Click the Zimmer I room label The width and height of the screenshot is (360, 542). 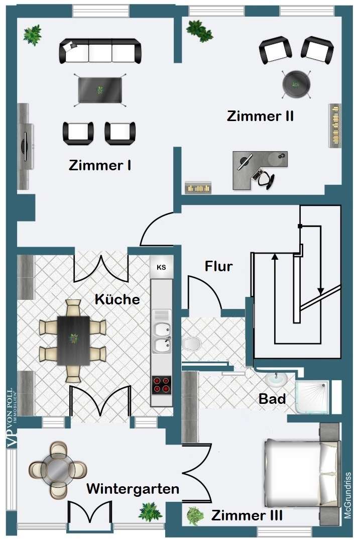(100, 165)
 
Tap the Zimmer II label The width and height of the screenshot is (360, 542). (260, 117)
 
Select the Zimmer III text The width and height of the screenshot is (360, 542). (247, 515)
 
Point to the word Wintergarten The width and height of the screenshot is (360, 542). (133, 489)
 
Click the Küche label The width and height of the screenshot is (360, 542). (117, 299)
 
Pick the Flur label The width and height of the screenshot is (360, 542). (218, 266)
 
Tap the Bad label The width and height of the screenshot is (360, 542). (272, 399)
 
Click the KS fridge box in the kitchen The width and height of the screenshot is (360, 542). (161, 267)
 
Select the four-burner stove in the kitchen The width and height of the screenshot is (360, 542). (161, 384)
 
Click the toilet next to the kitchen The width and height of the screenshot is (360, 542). (191, 344)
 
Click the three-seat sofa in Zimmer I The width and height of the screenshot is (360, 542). (100, 51)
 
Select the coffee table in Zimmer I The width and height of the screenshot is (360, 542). (100, 90)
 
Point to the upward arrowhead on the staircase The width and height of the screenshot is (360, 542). (275, 257)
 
